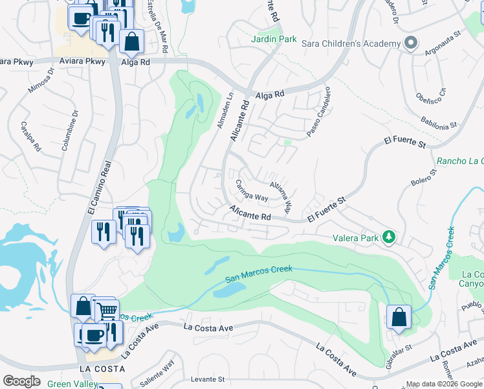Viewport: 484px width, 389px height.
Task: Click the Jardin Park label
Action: click(274, 40)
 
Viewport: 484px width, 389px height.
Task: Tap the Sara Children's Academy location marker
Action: click(410, 43)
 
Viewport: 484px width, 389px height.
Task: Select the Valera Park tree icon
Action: click(389, 237)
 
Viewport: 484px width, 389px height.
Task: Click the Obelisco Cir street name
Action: click(432, 95)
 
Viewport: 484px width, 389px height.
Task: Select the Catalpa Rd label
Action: click(30, 136)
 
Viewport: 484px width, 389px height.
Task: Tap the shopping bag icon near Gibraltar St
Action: click(399, 318)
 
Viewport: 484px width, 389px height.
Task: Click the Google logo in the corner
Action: click(21, 381)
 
